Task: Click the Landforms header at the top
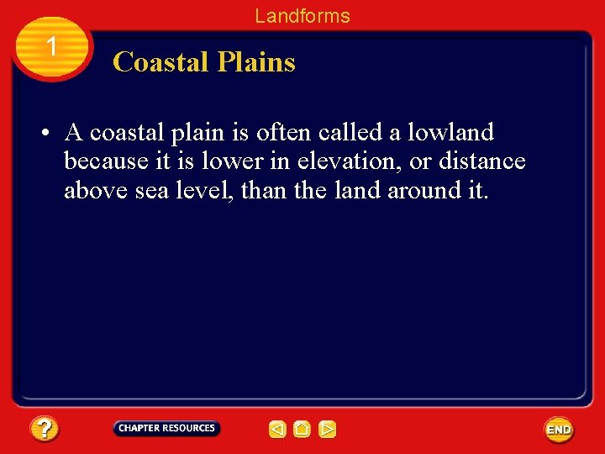pos(302,15)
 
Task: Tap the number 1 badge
pos(51,47)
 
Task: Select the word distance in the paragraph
pos(483,161)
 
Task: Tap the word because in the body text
pos(105,161)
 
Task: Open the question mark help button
pos(45,430)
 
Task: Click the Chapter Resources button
pos(166,429)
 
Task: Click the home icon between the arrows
pos(302,430)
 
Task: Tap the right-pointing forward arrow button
pos(328,430)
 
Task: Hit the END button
pos(559,430)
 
